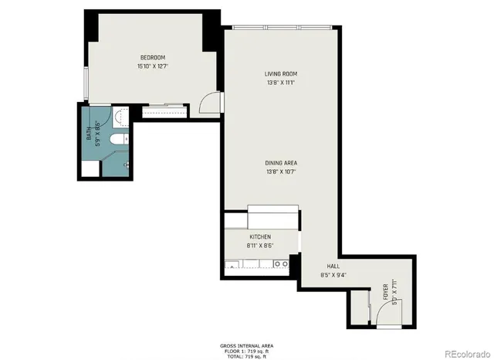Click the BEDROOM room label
click(152, 58)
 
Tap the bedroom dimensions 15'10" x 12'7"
click(152, 66)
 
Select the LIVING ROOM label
click(281, 74)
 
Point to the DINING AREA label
click(281, 163)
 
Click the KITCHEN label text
click(259, 236)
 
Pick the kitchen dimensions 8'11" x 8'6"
click(261, 246)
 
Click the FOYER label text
click(385, 292)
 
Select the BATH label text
click(89, 137)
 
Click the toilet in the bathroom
click(117, 139)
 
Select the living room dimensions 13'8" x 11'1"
click(281, 83)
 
